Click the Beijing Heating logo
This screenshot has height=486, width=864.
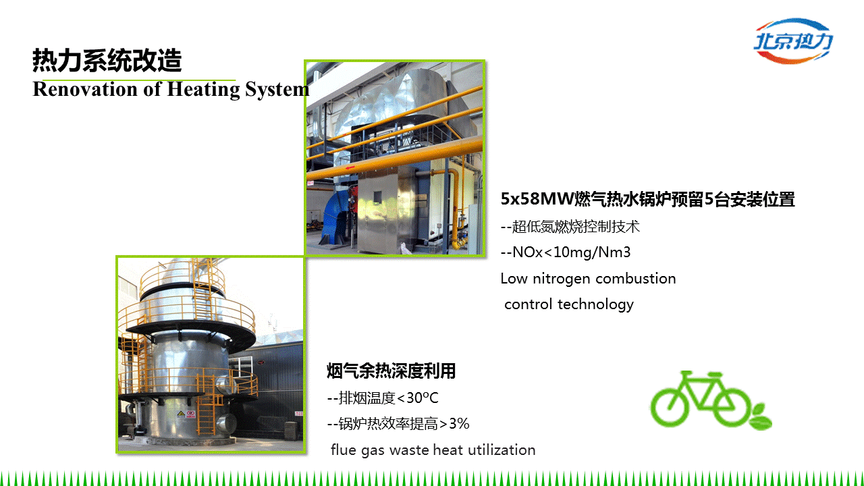click(793, 41)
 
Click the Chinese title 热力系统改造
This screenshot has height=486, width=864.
click(107, 61)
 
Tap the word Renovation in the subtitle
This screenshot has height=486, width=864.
click(85, 89)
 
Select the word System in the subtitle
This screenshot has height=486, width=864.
click(277, 90)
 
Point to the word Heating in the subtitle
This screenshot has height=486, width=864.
click(203, 90)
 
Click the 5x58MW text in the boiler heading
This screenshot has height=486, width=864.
click(537, 199)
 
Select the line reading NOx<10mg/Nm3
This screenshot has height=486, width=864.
click(566, 252)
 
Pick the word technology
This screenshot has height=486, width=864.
click(595, 304)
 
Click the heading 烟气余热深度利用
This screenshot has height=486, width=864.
click(391, 371)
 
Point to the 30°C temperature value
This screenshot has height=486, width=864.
click(423, 398)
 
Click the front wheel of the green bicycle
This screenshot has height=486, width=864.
click(732, 406)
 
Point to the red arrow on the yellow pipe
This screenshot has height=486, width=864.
click(350, 168)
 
